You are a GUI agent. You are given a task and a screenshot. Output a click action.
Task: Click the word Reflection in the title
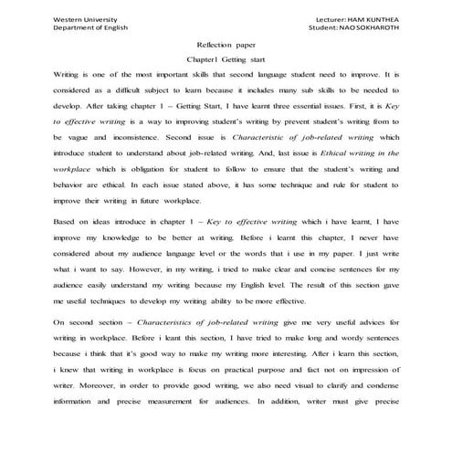click(214, 46)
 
